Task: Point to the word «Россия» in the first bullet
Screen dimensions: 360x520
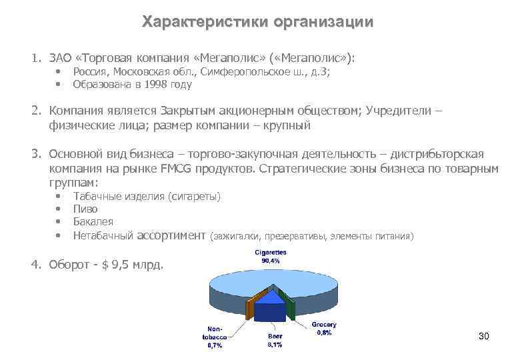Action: pos(91,72)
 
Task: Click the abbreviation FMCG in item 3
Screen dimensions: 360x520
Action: pos(177,169)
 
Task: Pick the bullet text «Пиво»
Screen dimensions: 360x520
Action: pos(85,209)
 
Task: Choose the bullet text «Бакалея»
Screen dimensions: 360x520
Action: pos(93,221)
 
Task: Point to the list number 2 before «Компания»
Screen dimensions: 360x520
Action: pos(36,111)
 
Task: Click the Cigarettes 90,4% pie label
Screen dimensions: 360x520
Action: pos(270,257)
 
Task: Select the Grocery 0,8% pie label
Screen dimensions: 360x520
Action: pos(324,329)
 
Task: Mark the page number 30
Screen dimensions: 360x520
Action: pos(484,336)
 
